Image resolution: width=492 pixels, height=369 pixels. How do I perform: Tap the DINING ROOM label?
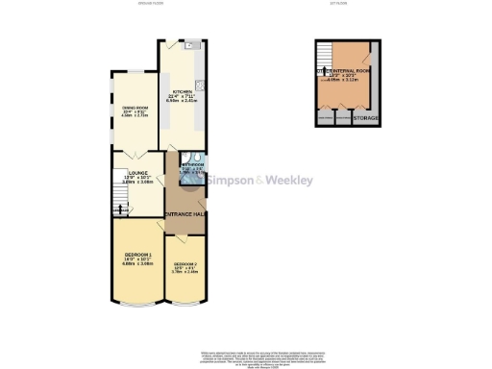click(132, 108)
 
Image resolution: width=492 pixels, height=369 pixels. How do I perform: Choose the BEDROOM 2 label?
click(184, 263)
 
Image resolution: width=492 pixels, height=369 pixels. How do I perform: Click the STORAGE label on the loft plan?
click(366, 119)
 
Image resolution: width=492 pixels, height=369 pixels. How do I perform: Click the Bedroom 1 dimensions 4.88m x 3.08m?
click(137, 263)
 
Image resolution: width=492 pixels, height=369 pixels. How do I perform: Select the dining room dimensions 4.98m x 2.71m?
click(132, 117)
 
